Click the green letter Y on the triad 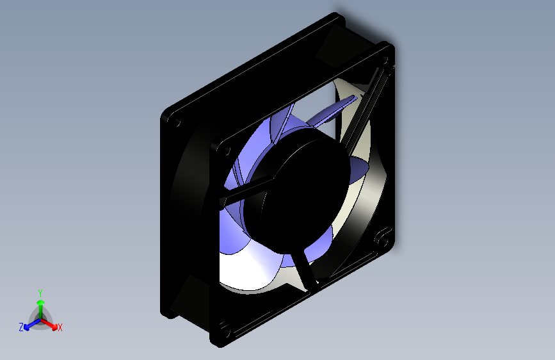click(40, 292)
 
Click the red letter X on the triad click(60, 328)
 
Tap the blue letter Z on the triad click(21, 327)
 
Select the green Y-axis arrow click(40, 306)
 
